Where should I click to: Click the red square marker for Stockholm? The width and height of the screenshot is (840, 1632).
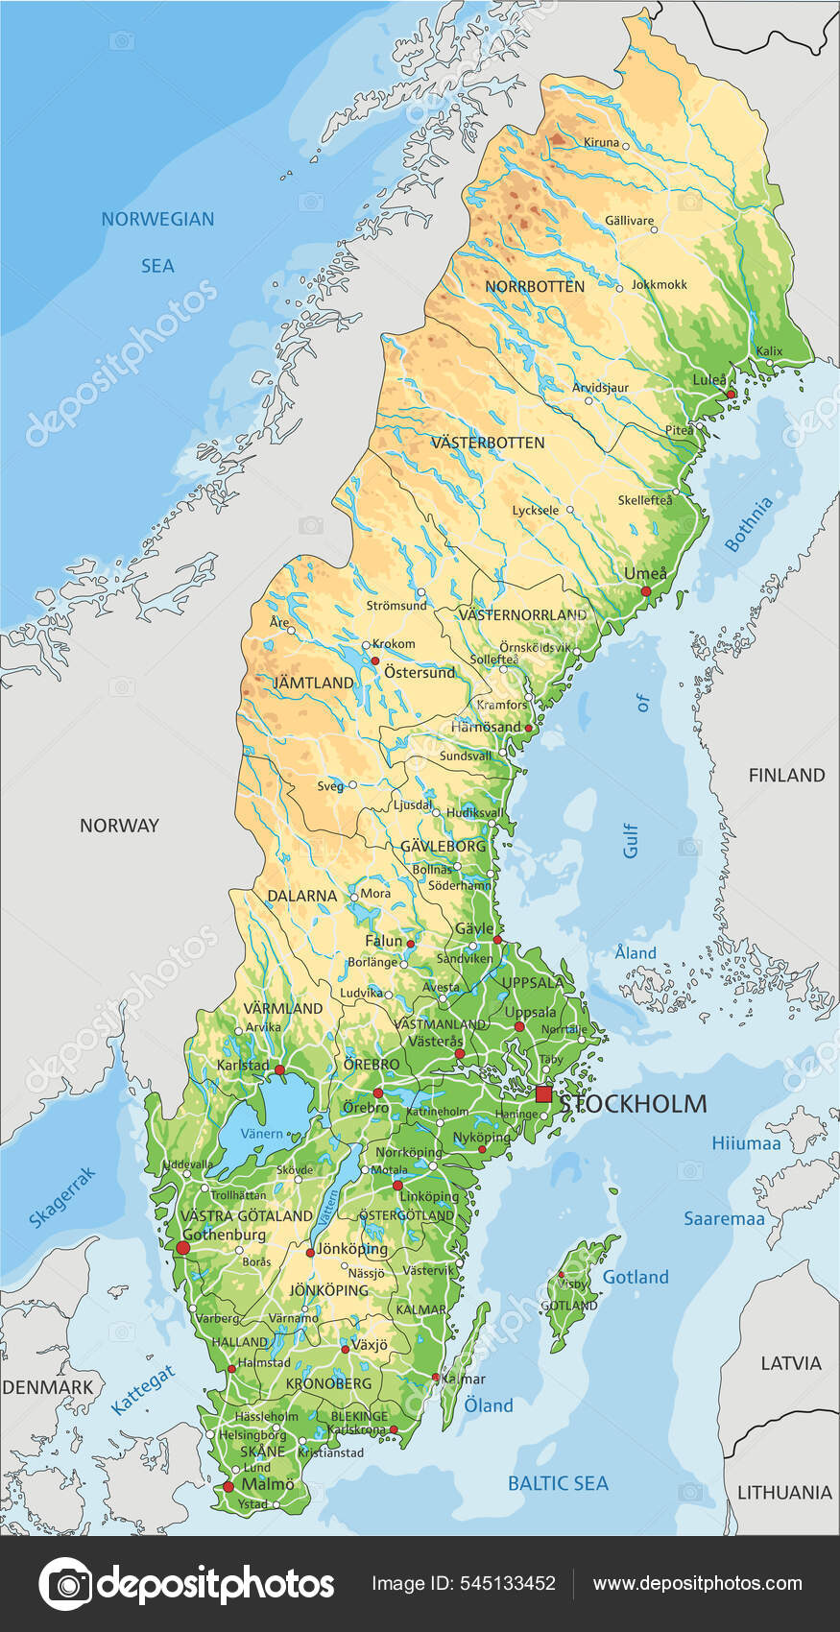pos(544,1094)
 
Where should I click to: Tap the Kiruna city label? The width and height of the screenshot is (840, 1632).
pos(602,142)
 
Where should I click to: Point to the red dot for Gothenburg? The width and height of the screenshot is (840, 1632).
pos(182,1247)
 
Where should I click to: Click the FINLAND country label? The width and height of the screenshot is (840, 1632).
pos(786,775)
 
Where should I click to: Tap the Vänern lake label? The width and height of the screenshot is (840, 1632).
pos(261,1134)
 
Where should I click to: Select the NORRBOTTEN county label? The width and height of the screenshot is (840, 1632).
pos(535,287)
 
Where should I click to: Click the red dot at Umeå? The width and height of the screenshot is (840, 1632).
pos(646,591)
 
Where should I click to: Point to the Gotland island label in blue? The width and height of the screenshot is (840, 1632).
pos(635,1277)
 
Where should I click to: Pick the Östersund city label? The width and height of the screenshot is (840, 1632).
pos(420,672)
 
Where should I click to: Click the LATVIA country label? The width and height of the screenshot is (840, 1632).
pos(791,1363)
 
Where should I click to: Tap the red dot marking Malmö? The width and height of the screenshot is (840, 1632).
pos(228,1486)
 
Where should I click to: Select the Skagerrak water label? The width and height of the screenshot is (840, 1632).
pos(62,1197)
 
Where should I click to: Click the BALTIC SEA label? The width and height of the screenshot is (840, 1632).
pos(558,1483)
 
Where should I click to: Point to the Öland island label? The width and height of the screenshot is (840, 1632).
pos(489,1405)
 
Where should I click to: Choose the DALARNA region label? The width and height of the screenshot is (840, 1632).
pos(301,896)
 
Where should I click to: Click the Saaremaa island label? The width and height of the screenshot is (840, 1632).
pos(724,1218)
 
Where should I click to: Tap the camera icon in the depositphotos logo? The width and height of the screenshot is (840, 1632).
pos(65,1583)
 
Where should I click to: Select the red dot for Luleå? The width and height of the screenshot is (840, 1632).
pos(731,394)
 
